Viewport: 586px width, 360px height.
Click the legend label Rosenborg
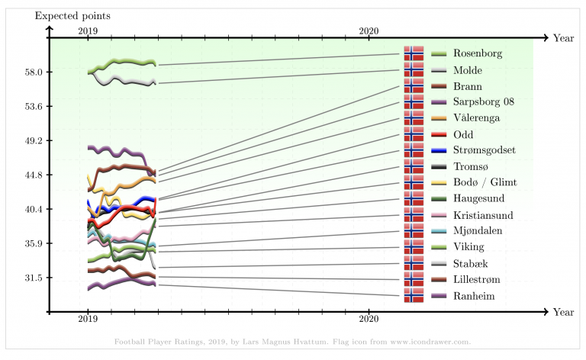[478, 53]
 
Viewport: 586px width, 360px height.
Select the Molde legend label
[467, 69]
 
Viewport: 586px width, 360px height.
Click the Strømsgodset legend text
[484, 149]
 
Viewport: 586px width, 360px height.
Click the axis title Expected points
[72, 15]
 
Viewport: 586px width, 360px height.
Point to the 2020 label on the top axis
[369, 30]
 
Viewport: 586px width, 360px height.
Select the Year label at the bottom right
[563, 312]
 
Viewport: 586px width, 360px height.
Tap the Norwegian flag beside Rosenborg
[414, 53]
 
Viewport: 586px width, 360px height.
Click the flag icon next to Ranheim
[414, 295]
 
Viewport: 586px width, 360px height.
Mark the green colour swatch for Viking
[438, 246]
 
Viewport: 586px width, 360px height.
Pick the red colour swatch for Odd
[438, 133]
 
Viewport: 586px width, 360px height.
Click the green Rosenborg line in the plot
[122, 61]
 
